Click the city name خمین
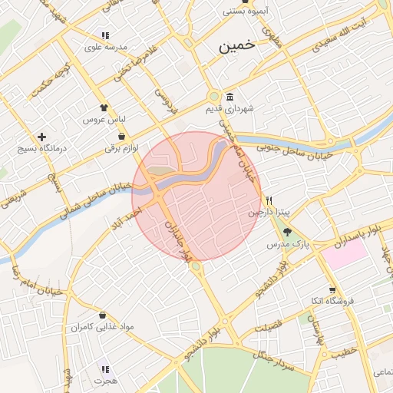236,46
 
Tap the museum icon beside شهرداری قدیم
230,96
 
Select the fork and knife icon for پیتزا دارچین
269,200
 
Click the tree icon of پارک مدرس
287,231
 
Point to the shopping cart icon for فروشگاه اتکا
332,290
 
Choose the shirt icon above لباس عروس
104,108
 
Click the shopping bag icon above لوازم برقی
122,135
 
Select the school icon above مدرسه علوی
105,35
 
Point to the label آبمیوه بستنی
245,12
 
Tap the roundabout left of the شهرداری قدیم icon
213,97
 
